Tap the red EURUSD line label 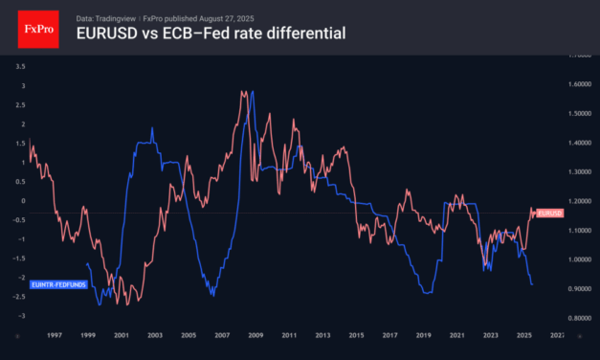[x=549, y=212]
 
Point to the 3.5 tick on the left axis [x=21, y=66]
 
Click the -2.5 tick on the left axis [x=21, y=297]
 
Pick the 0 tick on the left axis [x=24, y=201]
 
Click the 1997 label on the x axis [x=54, y=336]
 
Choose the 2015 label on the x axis [x=355, y=336]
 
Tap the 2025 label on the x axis [x=523, y=336]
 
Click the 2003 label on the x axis [x=154, y=336]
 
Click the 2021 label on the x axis [x=456, y=336]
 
